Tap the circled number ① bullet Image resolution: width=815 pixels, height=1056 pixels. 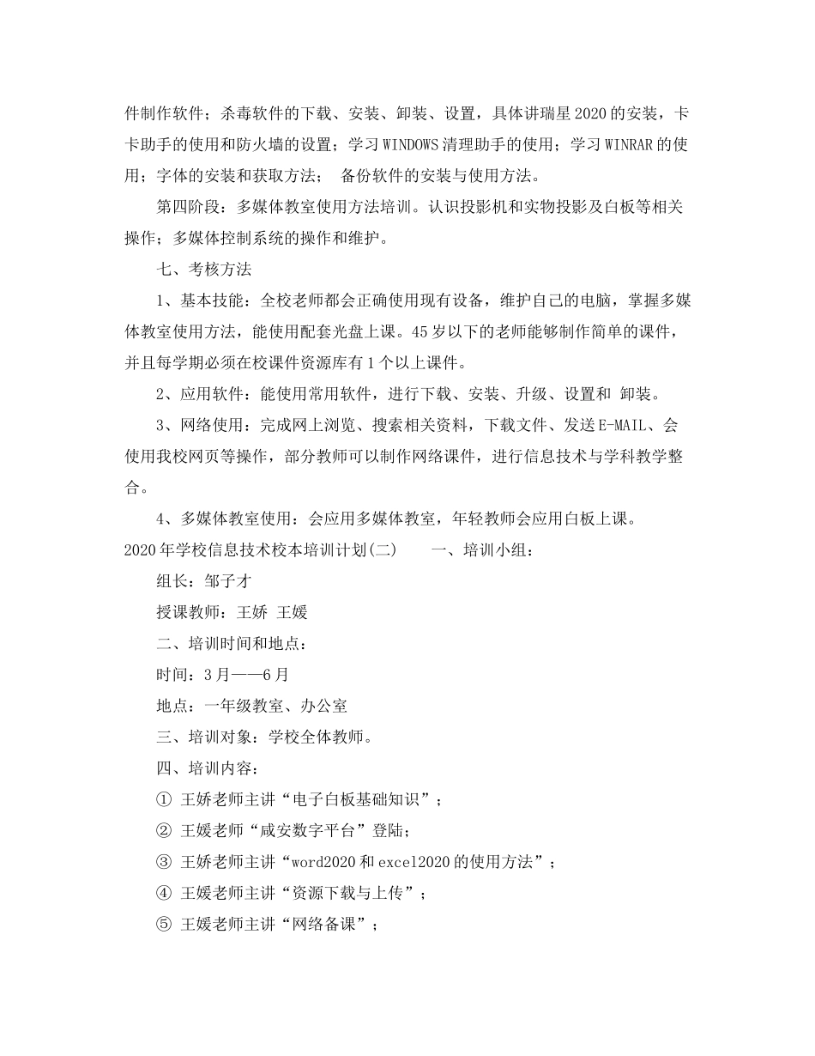(x=164, y=799)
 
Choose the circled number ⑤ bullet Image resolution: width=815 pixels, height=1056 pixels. (x=164, y=924)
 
